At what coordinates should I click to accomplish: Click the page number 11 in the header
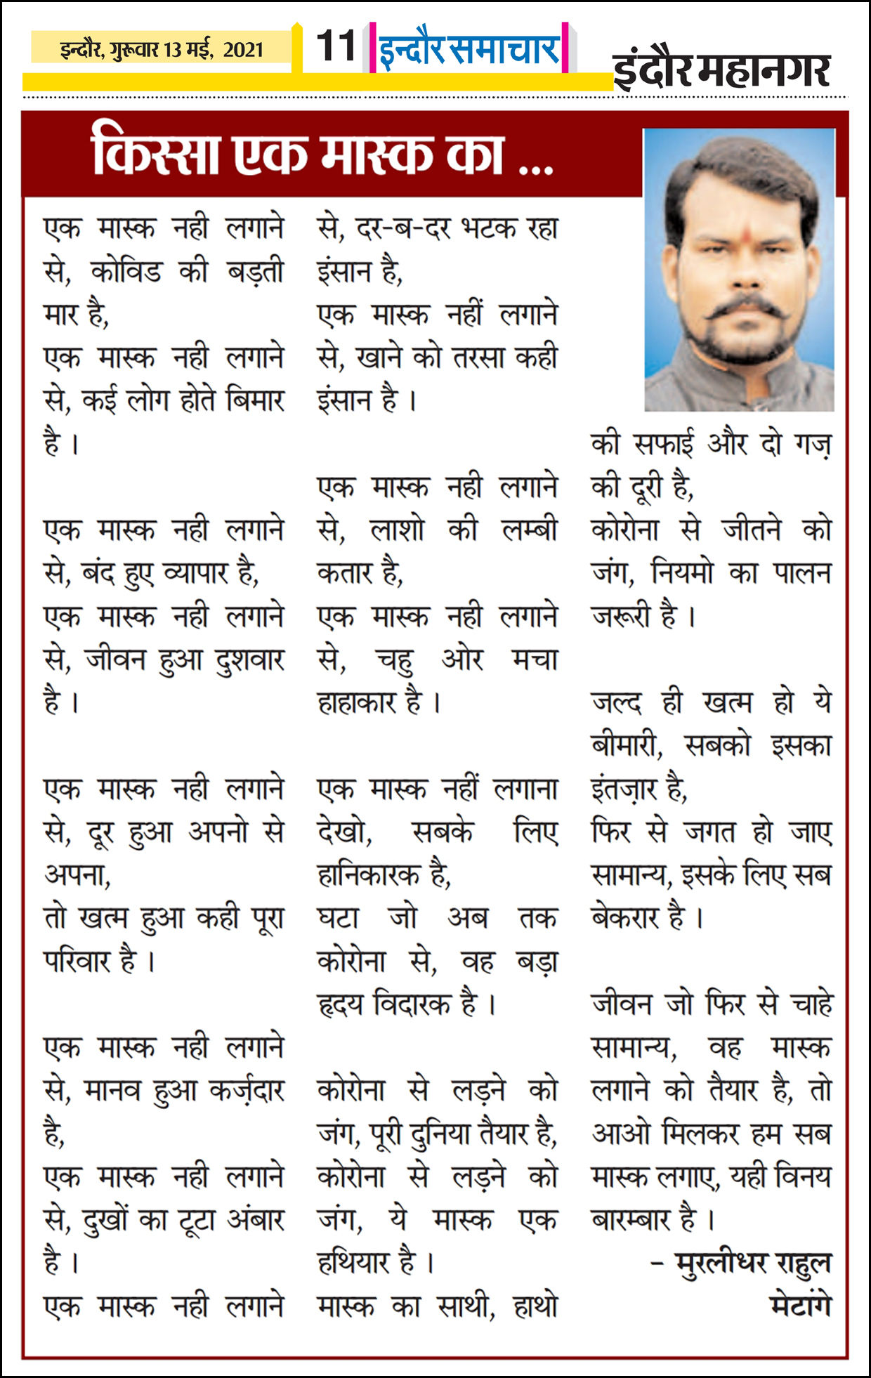pyautogui.click(x=336, y=46)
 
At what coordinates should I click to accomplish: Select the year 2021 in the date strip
pyautogui.click(x=244, y=50)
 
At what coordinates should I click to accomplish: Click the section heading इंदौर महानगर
pyautogui.click(x=722, y=70)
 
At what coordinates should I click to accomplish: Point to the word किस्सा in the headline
pyautogui.click(x=156, y=155)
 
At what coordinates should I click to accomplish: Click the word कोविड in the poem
pyautogui.click(x=126, y=272)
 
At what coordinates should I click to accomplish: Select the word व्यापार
pyautogui.click(x=199, y=574)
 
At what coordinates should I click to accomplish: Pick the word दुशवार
pyautogui.click(x=249, y=660)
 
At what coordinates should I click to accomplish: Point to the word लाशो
pyautogui.click(x=397, y=530)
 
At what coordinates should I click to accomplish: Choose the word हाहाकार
pyautogui.click(x=369, y=702)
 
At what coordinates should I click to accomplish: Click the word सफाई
pyautogui.click(x=663, y=444)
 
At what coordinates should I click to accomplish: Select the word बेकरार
pyautogui.click(x=638, y=918)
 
